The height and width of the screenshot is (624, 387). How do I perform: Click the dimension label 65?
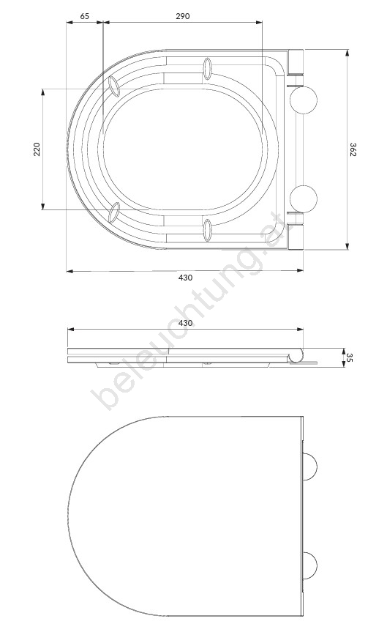pyautogui.click(x=85, y=16)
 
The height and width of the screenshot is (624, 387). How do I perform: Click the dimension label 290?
pyautogui.click(x=183, y=16)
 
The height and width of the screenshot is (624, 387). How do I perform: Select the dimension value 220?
pyautogui.click(x=37, y=149)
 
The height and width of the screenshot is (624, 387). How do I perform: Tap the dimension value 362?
pyautogui.click(x=353, y=149)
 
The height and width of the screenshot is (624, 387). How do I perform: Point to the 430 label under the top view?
pyautogui.click(x=185, y=278)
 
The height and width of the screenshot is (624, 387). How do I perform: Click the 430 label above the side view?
pyautogui.click(x=185, y=323)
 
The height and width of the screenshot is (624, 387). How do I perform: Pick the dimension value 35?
pyautogui.click(x=350, y=357)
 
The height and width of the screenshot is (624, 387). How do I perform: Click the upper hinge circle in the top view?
pyautogui.click(x=304, y=100)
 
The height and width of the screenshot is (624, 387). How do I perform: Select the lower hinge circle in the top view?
pyautogui.click(x=304, y=198)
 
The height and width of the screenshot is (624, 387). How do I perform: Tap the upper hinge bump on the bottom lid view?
pyautogui.click(x=310, y=467)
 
